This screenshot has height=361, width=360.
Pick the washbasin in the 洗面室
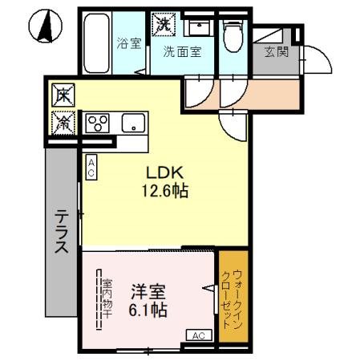197,27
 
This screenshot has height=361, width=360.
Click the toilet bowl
233,35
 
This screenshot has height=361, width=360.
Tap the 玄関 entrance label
277,53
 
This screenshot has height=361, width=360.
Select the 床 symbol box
63,95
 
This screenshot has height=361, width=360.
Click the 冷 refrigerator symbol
63,122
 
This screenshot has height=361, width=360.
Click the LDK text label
165,173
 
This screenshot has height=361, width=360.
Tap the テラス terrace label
61,232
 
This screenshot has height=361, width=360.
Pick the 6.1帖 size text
148,310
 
